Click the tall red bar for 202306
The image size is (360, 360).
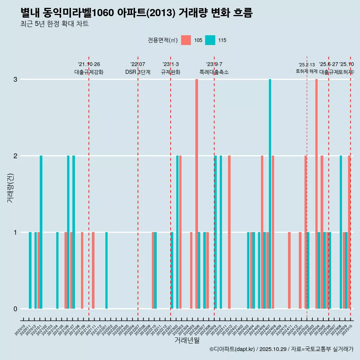tap(196, 194)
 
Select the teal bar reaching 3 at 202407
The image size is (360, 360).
tap(270, 194)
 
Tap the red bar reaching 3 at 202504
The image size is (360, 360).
tap(316, 194)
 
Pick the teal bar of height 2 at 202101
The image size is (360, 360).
tap(41, 232)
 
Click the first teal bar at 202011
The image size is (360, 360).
tap(30, 270)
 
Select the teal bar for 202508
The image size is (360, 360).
tap(341, 232)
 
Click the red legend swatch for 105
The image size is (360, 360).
tap(186, 40)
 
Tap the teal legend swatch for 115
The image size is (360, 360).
tap(210, 40)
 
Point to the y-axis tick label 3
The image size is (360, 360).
tap(15, 79)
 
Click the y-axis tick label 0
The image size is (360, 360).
tap(15, 309)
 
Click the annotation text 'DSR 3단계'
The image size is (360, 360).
tap(138, 72)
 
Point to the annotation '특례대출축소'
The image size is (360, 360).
tap(214, 72)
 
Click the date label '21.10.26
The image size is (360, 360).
tap(89, 64)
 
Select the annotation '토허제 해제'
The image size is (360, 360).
tap(307, 71)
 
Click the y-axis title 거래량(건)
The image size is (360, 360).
tap(10, 187)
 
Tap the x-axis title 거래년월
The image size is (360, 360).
tap(187, 340)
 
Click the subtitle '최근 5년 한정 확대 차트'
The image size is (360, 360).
tap(54, 24)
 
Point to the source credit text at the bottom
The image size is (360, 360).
tap(281, 349)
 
